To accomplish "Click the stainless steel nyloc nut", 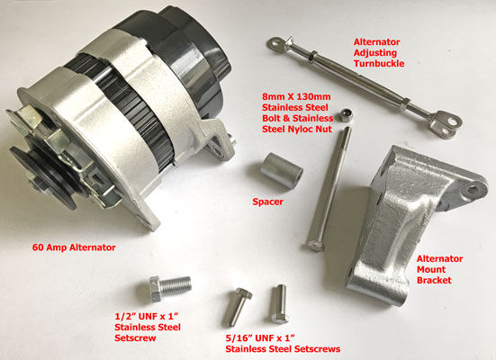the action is coord(344,115).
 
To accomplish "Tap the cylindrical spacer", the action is coord(282,170).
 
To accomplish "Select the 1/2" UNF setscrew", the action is coord(170,287).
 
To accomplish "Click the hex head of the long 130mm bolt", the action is coord(315,246).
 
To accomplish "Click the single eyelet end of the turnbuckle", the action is coord(275,43).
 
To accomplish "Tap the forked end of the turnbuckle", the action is coord(447,124).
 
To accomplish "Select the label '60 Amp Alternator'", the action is coord(74,247).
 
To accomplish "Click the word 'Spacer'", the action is coord(267,202).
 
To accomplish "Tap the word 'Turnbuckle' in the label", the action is coord(379,63).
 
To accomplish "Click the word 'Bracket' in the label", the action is coord(434,280).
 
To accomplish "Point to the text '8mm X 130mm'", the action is coord(296,96).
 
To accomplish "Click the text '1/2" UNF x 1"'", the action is coord(147,316).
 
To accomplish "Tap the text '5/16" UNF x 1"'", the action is coord(260,338).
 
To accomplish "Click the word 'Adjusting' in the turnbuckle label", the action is coord(375,53).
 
